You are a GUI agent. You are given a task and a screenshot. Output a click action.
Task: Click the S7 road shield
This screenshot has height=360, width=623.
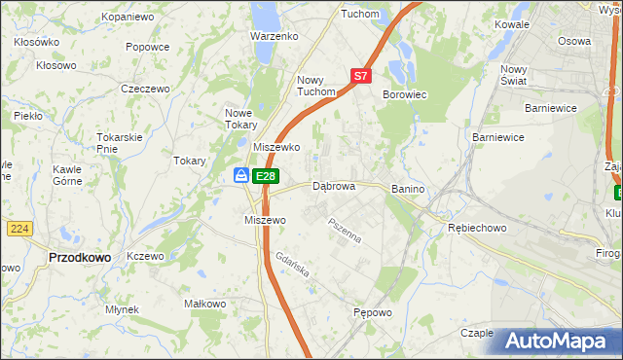[x=360, y=75]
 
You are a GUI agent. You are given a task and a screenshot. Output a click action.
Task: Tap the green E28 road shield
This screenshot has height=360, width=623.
[x=266, y=176]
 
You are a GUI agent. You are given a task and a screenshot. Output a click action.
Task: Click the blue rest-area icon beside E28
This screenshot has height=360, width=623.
[x=241, y=175]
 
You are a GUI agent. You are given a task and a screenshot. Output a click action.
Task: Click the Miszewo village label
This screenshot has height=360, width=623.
[x=264, y=220]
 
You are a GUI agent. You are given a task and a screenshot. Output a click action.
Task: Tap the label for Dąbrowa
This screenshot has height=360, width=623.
[x=333, y=186]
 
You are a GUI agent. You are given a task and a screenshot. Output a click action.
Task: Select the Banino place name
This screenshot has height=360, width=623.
[x=410, y=187]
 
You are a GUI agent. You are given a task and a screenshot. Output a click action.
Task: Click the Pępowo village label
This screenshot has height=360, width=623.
[x=372, y=313]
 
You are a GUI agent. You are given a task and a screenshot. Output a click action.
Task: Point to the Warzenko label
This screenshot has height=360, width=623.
[x=274, y=36]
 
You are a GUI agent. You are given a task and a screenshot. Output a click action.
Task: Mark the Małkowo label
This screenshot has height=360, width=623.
[x=205, y=305]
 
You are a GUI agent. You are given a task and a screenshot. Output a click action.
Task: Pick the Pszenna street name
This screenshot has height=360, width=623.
[x=345, y=230]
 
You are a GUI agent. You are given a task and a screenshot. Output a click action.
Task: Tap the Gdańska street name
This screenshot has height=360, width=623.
[x=292, y=266]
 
